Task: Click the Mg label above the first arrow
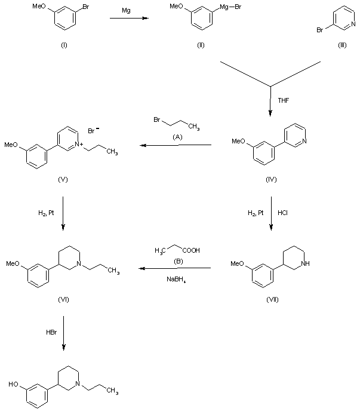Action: (126, 11)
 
